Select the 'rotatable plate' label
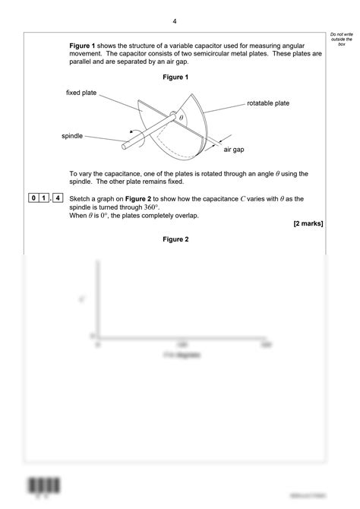click(268, 103)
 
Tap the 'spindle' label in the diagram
click(72, 136)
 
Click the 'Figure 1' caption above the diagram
click(175, 77)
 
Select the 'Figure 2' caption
click(175, 239)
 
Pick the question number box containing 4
click(58, 199)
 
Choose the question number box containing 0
click(34, 199)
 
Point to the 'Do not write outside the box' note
click(343, 40)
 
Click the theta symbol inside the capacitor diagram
click(182, 119)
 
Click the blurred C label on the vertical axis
click(81, 299)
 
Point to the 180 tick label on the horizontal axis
click(182, 344)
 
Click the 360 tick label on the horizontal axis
click(266, 344)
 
